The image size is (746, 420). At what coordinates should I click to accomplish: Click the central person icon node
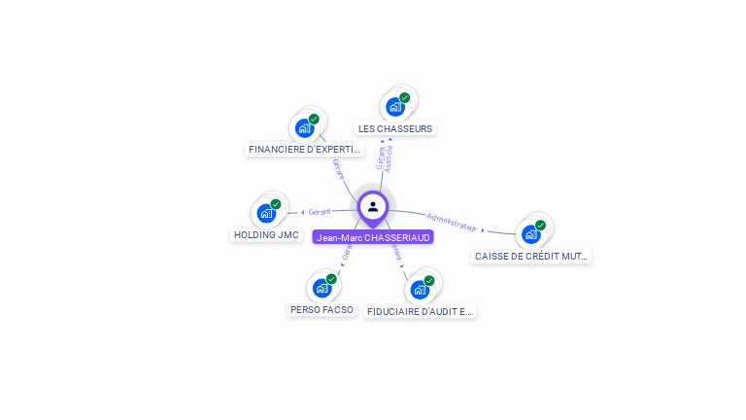[373, 206]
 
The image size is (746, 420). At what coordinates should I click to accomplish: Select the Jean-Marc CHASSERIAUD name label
[373, 237]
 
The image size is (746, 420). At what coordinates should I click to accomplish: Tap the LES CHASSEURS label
[395, 128]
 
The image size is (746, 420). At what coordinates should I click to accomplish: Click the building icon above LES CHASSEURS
[395, 107]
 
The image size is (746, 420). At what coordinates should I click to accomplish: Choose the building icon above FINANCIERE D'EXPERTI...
[305, 128]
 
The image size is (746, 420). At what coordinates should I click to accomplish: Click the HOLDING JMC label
[266, 234]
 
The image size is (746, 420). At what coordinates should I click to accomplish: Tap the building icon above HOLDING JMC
[266, 213]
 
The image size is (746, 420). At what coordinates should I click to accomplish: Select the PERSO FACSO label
[322, 309]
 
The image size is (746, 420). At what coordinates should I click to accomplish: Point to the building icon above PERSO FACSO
[322, 288]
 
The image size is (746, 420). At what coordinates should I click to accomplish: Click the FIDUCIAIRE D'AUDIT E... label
[421, 312]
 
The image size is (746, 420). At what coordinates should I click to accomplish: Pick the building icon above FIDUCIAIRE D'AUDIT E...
[420, 290]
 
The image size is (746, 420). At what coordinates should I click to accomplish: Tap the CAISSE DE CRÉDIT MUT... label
[531, 257]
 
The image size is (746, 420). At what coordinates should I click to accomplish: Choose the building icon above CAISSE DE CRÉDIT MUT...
[530, 234]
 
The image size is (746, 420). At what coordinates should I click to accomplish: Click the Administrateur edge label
[453, 223]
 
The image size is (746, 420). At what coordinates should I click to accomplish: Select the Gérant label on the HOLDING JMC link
[320, 211]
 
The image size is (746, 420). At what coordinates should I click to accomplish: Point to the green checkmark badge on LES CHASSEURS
[405, 97]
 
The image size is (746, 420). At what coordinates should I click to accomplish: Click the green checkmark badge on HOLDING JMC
[276, 204]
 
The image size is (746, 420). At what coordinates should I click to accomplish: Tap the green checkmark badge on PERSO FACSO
[331, 279]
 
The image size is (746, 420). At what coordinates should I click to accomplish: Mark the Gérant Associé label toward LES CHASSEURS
[385, 158]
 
